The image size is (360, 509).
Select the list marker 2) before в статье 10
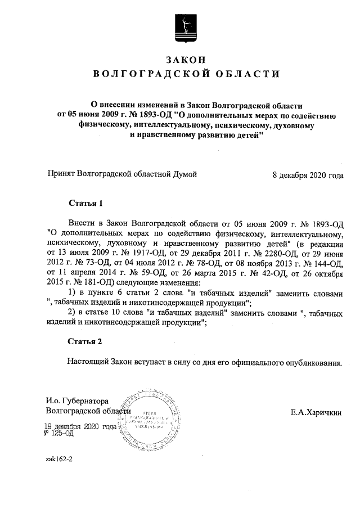(x=72, y=313)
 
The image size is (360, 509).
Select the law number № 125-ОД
(x=60, y=434)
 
